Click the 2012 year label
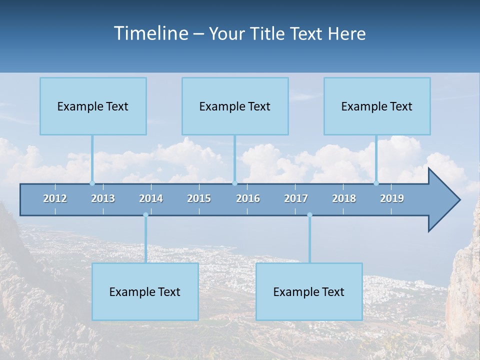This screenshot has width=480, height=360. coord(55,198)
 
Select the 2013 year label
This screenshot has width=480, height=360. coord(103,198)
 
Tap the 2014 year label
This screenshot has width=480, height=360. coord(151,198)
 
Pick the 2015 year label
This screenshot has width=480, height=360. coord(199,198)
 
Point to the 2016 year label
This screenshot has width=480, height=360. coord(248,198)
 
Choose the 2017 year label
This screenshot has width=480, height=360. coord(296,198)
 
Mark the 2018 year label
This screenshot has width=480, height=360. coord(344,198)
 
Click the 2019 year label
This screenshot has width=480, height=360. coord(392,198)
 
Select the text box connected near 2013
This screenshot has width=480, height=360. coord(93,106)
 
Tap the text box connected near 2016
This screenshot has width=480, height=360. coord(235,106)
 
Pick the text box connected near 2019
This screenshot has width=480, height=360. coord(377,106)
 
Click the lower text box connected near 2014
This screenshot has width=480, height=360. coord(145,291)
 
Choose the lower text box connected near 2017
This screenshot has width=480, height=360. coord(309,291)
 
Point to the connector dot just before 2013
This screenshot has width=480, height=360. coord(92,183)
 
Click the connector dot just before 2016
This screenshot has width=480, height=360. coord(234,183)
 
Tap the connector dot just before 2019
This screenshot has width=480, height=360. coord(376,183)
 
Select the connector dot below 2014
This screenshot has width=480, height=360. coord(145,215)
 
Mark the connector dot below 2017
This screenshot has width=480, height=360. coord(309,215)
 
